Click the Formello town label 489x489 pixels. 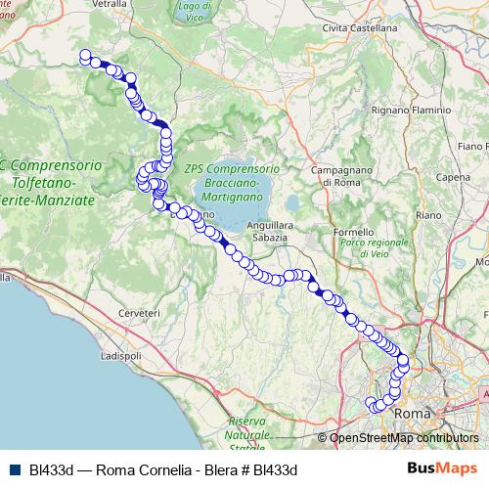tap(353, 232)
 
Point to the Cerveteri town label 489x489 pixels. tap(138, 311)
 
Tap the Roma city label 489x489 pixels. tap(412, 414)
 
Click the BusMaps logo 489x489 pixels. tap(436, 467)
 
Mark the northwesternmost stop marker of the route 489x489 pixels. tap(85, 56)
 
